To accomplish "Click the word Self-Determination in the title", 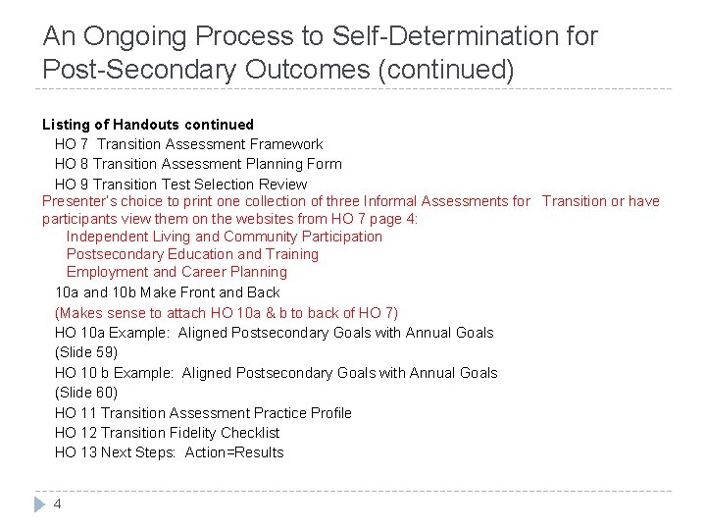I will tap(419, 37).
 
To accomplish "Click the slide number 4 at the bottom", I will tap(58, 503).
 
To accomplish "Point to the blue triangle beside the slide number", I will tap(39, 504).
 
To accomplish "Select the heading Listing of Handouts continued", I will tap(147, 125).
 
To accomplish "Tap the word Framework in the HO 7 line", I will tap(284, 144).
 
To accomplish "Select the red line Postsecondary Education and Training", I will tap(192, 254).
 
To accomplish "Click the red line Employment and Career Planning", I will tap(176, 272).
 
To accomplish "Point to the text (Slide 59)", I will tap(86, 352).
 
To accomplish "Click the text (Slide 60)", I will tap(86, 393).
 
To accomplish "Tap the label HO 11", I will tap(75, 413).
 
